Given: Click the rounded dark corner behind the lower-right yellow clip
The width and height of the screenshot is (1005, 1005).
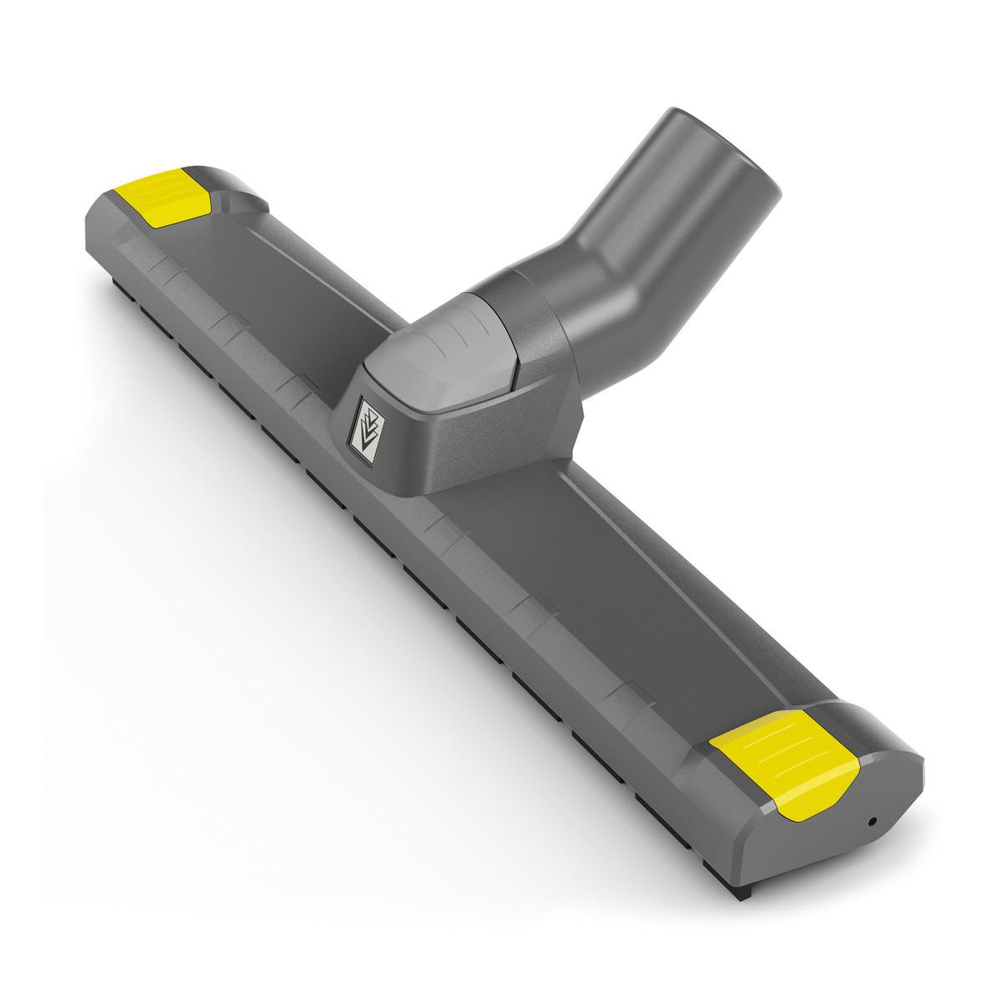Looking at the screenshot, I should pos(846,737).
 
